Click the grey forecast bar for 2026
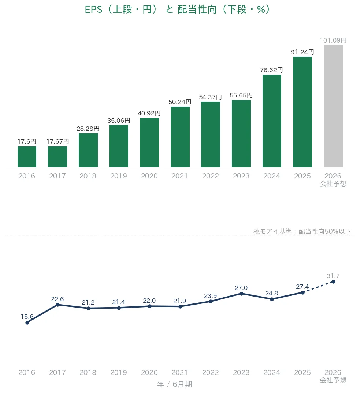tap(333, 106)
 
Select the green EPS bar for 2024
tap(272, 121)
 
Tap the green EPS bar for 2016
tap(27, 157)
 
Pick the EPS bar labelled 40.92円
tap(149, 143)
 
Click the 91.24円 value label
tap(302, 52)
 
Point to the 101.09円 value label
tap(333, 40)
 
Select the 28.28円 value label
tap(88, 129)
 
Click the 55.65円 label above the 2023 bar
tap(241, 95)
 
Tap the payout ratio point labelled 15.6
tap(27, 323)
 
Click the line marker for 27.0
tap(241, 294)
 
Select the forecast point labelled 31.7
tap(333, 282)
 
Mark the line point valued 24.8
tap(272, 299)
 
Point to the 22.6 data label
tap(57, 299)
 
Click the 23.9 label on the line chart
tap(210, 296)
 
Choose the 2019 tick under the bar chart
tap(119, 176)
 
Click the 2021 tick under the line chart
tap(179, 372)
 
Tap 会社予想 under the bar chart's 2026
tap(333, 184)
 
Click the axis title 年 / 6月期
tap(174, 384)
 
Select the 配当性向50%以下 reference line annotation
tap(302, 231)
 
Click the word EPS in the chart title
tap(94, 10)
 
